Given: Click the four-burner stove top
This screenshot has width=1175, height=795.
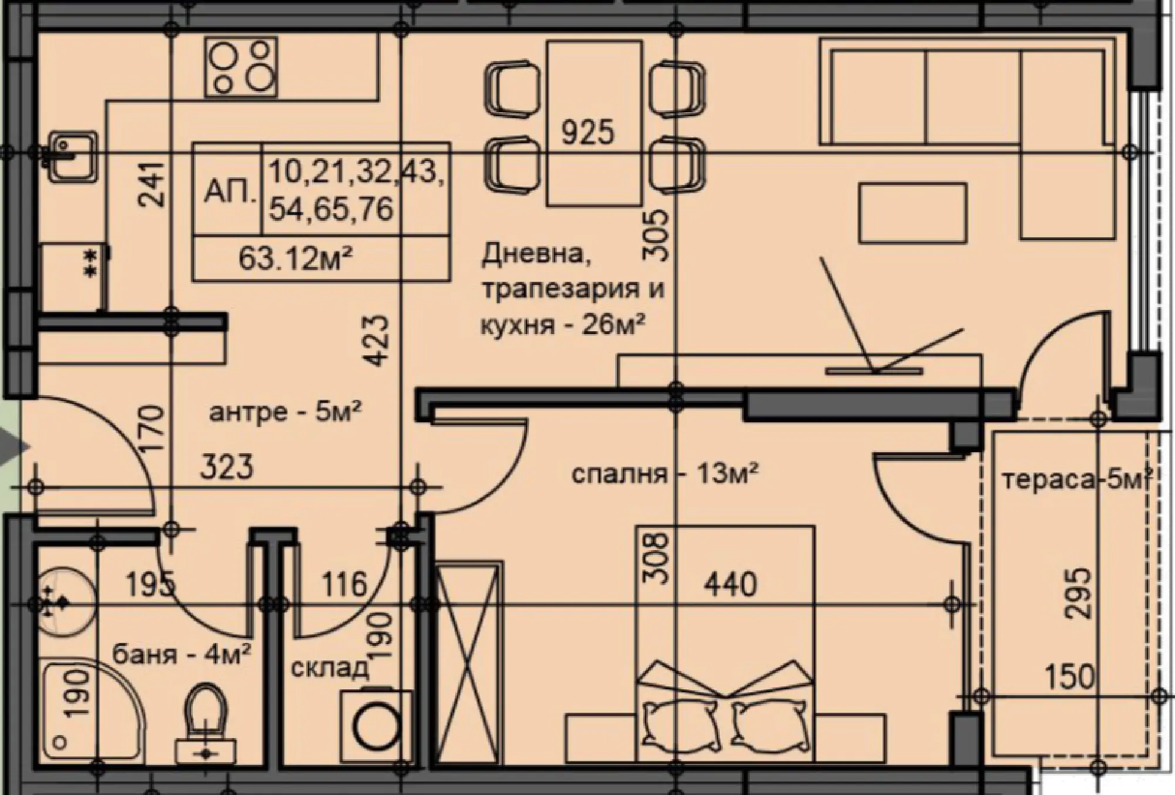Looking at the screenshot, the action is coord(240,68).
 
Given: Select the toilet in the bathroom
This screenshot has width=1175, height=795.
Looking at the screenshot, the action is coord(206,719).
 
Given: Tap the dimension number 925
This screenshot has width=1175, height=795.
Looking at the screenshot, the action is coord(587,132).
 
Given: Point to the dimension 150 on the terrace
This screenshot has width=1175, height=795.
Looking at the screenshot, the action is coord(1069,676).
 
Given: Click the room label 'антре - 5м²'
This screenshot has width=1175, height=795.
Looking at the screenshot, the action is coord(285,412).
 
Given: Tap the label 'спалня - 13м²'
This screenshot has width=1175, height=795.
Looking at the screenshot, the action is coord(664,473).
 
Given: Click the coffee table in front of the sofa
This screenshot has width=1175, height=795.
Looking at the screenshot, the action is coord(912,213).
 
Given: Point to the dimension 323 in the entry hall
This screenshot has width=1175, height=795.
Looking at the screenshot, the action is coord(227,467).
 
